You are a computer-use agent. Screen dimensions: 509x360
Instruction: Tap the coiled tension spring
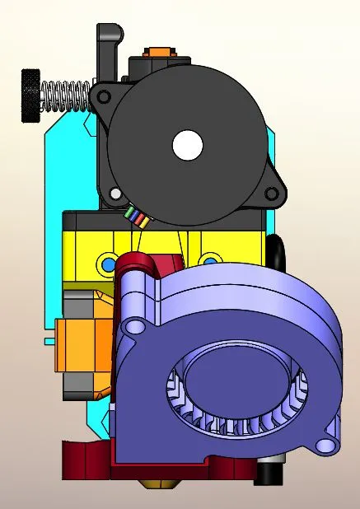pos(65,95)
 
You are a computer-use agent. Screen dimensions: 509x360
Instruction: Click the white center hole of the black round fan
pos(187,145)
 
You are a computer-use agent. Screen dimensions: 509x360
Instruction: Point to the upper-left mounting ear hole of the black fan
pos(103,96)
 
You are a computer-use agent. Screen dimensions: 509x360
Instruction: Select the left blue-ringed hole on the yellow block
pos(107,264)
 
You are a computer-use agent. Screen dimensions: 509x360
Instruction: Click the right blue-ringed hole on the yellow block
pos(212,262)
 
